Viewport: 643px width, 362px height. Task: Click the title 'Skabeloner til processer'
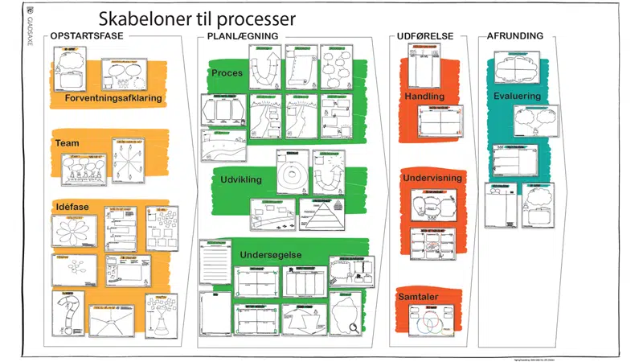(197, 19)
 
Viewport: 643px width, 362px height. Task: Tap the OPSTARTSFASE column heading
(86, 36)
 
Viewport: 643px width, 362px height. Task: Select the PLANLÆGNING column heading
(243, 36)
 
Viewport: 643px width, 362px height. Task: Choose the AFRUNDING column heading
(515, 36)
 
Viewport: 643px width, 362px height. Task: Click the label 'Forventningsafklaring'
(114, 98)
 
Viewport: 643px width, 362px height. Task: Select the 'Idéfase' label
(72, 208)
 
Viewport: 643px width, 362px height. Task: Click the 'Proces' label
(227, 73)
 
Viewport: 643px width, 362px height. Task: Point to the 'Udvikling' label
(241, 179)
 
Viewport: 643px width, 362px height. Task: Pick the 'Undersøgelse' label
(271, 255)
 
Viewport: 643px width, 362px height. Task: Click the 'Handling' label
(424, 97)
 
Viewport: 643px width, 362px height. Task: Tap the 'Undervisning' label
(432, 177)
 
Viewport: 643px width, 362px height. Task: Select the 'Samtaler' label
(417, 297)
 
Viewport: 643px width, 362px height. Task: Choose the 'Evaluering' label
(517, 97)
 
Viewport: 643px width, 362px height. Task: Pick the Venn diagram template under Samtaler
(431, 323)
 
